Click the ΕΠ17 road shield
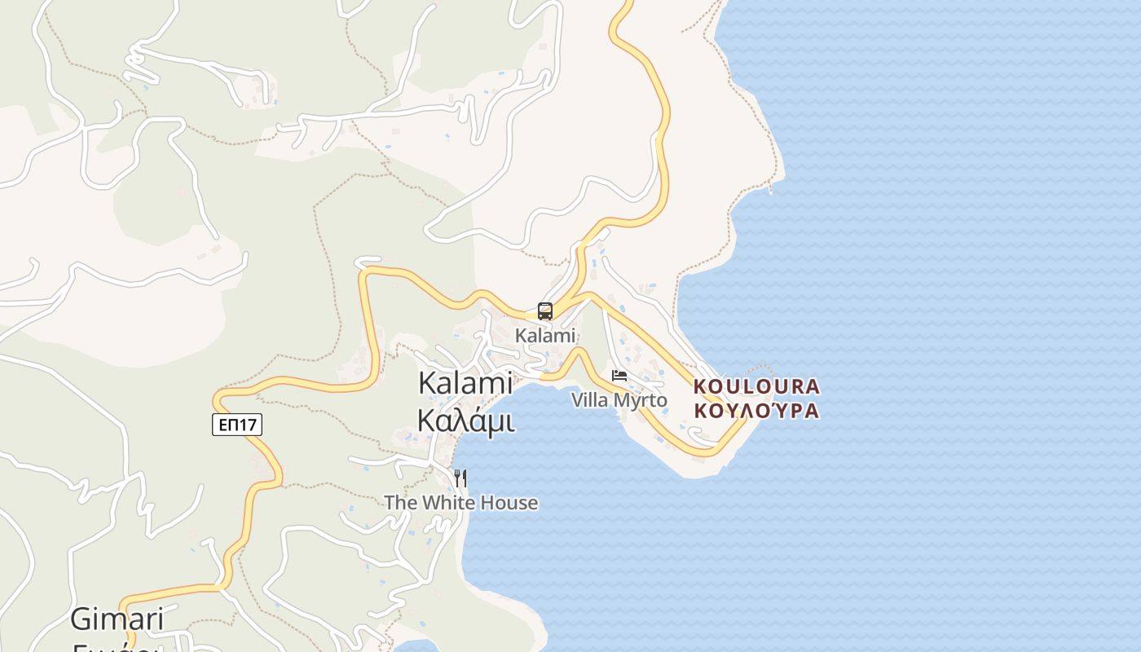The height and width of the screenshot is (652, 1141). (x=237, y=425)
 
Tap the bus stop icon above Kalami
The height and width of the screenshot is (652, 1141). (x=545, y=311)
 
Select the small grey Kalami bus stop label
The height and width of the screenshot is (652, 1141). (x=545, y=335)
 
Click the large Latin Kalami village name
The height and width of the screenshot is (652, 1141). (x=465, y=383)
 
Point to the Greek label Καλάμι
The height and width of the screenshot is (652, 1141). (x=465, y=420)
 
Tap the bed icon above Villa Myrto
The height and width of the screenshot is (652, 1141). (x=619, y=376)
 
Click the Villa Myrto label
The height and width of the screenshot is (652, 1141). (x=619, y=400)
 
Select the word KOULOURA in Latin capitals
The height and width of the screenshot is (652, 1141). (x=756, y=385)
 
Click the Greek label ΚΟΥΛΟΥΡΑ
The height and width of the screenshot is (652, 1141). (x=756, y=410)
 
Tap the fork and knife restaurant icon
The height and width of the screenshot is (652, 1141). (x=460, y=478)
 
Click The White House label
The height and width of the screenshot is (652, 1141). (x=461, y=503)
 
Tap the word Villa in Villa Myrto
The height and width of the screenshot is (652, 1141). (x=589, y=400)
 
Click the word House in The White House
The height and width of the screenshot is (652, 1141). (x=509, y=503)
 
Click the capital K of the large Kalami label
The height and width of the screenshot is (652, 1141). (x=427, y=383)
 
